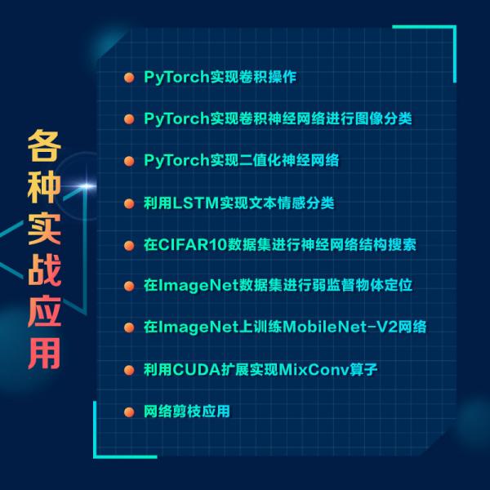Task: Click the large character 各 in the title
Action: (x=47, y=148)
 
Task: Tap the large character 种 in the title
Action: (x=47, y=191)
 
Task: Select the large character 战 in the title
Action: (x=47, y=275)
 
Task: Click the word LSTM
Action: (x=192, y=203)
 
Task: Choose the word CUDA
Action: (x=194, y=369)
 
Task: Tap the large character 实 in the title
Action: (x=47, y=234)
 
